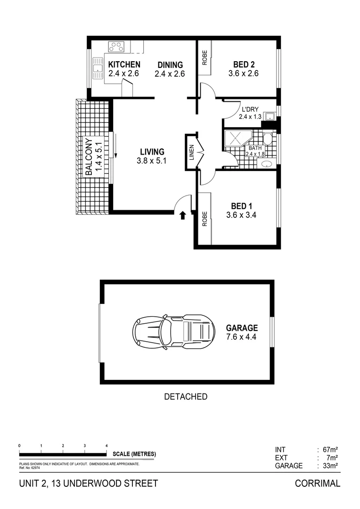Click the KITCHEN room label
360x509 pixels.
click(124, 65)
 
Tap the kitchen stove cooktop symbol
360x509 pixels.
click(116, 47)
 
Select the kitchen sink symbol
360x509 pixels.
click(98, 68)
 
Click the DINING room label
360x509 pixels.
click(170, 65)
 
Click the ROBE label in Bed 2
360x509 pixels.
click(205, 57)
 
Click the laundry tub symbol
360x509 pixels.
click(269, 116)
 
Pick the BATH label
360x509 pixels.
click(255, 148)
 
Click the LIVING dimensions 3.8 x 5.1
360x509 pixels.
click(152, 161)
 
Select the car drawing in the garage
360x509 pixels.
click(173, 332)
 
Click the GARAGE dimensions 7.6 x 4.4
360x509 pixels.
click(241, 337)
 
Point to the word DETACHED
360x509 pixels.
click(186, 397)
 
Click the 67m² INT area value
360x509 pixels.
click(329, 450)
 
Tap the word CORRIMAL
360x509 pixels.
click(317, 484)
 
